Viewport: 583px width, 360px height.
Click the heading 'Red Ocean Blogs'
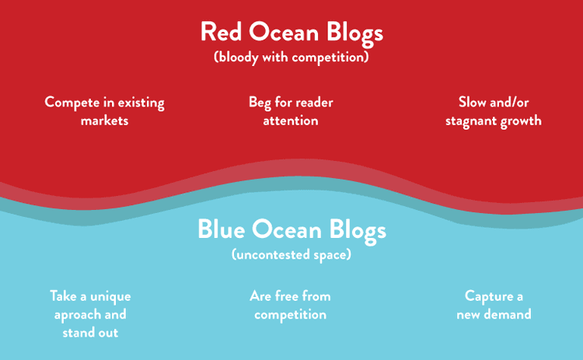coord(291,33)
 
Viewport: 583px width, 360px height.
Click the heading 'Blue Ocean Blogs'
coord(291,230)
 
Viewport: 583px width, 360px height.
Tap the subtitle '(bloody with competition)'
coord(291,58)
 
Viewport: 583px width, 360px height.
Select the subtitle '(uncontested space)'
coord(291,254)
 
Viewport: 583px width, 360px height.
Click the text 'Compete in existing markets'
coord(104,111)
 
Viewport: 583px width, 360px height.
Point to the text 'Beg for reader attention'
coord(291,111)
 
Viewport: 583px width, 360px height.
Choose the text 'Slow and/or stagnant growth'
coord(494,111)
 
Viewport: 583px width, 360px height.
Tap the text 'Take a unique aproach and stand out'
coord(90,314)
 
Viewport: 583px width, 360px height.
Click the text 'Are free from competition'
coord(291,305)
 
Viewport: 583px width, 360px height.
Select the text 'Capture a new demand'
coord(494,305)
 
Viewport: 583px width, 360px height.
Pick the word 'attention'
coord(291,121)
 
